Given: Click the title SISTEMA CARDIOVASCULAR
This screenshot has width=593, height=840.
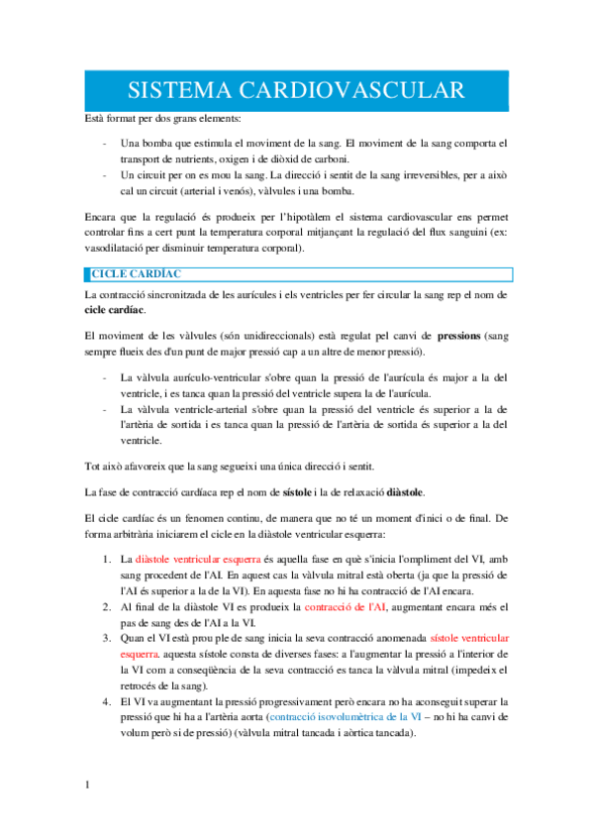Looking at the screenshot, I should coord(297,91).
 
